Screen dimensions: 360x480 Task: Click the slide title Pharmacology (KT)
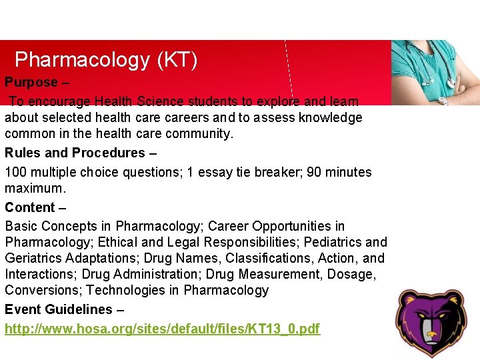[x=106, y=60]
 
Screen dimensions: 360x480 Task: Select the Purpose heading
[x=31, y=83]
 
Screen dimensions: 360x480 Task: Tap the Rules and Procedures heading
[x=75, y=153]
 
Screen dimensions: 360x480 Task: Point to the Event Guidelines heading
[x=59, y=309]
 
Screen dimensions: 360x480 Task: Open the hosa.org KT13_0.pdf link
[x=163, y=329]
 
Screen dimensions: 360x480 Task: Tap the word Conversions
[x=43, y=291]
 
